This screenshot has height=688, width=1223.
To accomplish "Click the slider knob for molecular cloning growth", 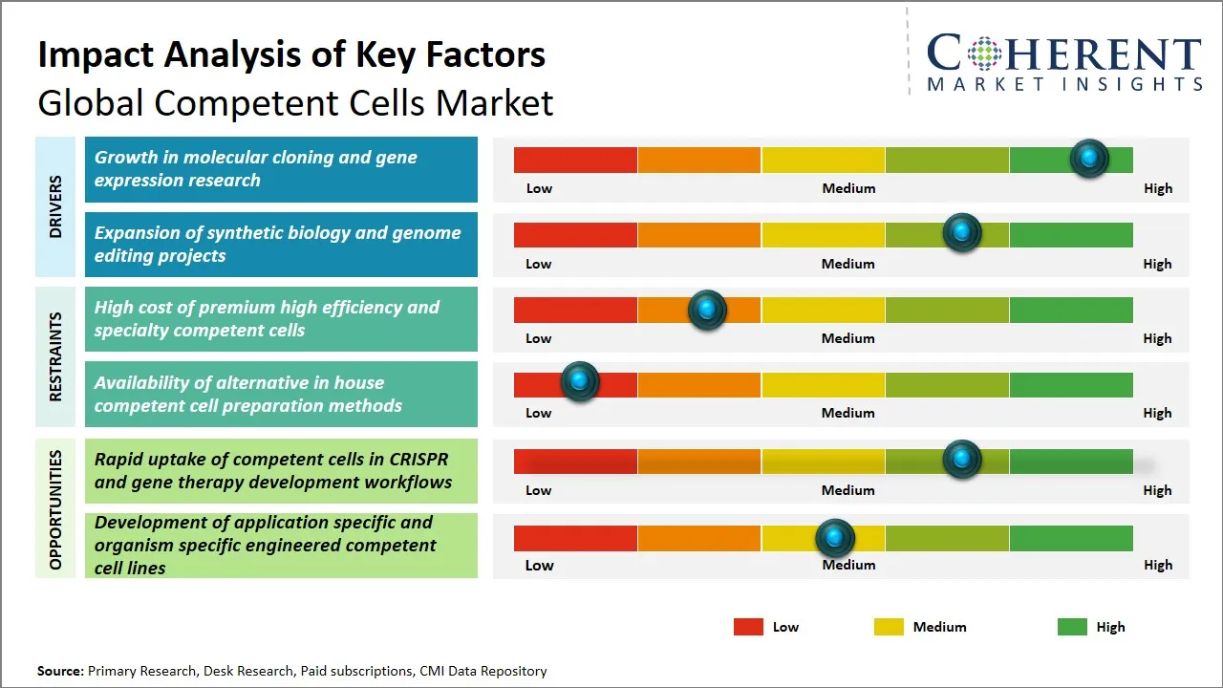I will pyautogui.click(x=1089, y=159).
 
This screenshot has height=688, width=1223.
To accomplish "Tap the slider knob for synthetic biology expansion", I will pyautogui.click(x=962, y=233).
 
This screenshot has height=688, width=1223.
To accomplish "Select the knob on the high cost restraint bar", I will pyautogui.click(x=707, y=310).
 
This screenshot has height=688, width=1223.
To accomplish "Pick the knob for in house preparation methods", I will pyautogui.click(x=579, y=382).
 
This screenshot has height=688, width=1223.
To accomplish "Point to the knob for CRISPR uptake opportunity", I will pyautogui.click(x=962, y=460).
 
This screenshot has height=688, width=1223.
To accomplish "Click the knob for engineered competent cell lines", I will pyautogui.click(x=835, y=539).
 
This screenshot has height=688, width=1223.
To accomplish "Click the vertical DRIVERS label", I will pyautogui.click(x=55, y=206).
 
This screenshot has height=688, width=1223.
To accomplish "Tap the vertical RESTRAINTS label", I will pyautogui.click(x=55, y=356).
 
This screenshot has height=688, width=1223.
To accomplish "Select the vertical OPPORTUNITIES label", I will pyautogui.click(x=55, y=509).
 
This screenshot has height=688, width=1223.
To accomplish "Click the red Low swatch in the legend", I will pyautogui.click(x=748, y=627).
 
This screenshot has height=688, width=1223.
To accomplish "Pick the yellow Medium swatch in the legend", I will pyautogui.click(x=889, y=627).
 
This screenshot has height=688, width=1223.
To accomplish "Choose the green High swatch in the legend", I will pyautogui.click(x=1072, y=627).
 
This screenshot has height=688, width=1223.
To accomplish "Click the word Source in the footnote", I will pyautogui.click(x=60, y=672).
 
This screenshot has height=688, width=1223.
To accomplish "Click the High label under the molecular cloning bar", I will pyautogui.click(x=1158, y=188).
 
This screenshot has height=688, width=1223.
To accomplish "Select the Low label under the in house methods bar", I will pyautogui.click(x=539, y=413).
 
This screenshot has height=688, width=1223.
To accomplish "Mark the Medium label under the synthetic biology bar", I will pyautogui.click(x=848, y=264).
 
